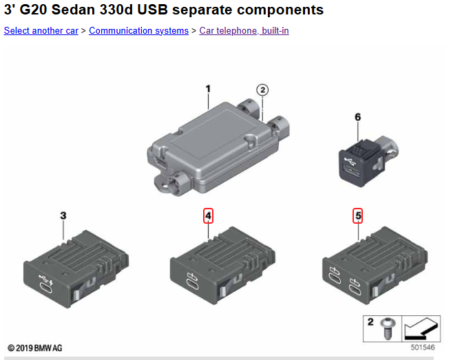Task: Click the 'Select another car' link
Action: click(x=41, y=30)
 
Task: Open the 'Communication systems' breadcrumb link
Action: click(x=138, y=30)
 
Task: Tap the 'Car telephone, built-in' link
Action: click(x=244, y=30)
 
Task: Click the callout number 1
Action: click(x=208, y=89)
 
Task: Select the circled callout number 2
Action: click(x=262, y=90)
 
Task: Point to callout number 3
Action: click(x=63, y=215)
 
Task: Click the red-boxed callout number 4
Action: click(x=208, y=215)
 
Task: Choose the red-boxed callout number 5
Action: click(x=358, y=215)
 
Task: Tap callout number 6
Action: click(x=357, y=117)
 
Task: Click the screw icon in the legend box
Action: click(x=388, y=328)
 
